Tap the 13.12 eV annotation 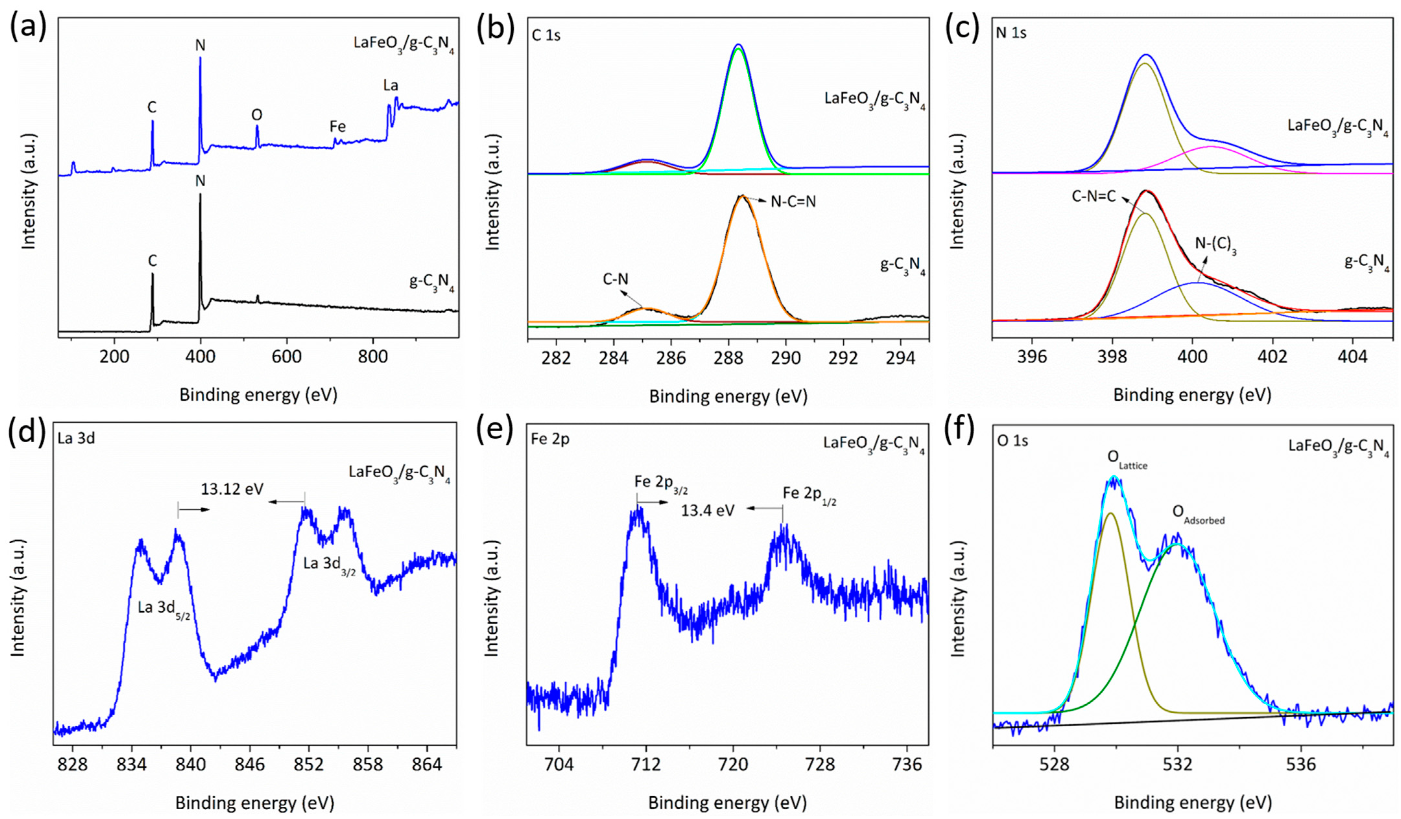[232, 489]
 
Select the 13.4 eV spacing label [708, 510]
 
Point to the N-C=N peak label [793, 202]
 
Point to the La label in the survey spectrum [391, 86]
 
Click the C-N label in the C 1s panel [615, 280]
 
